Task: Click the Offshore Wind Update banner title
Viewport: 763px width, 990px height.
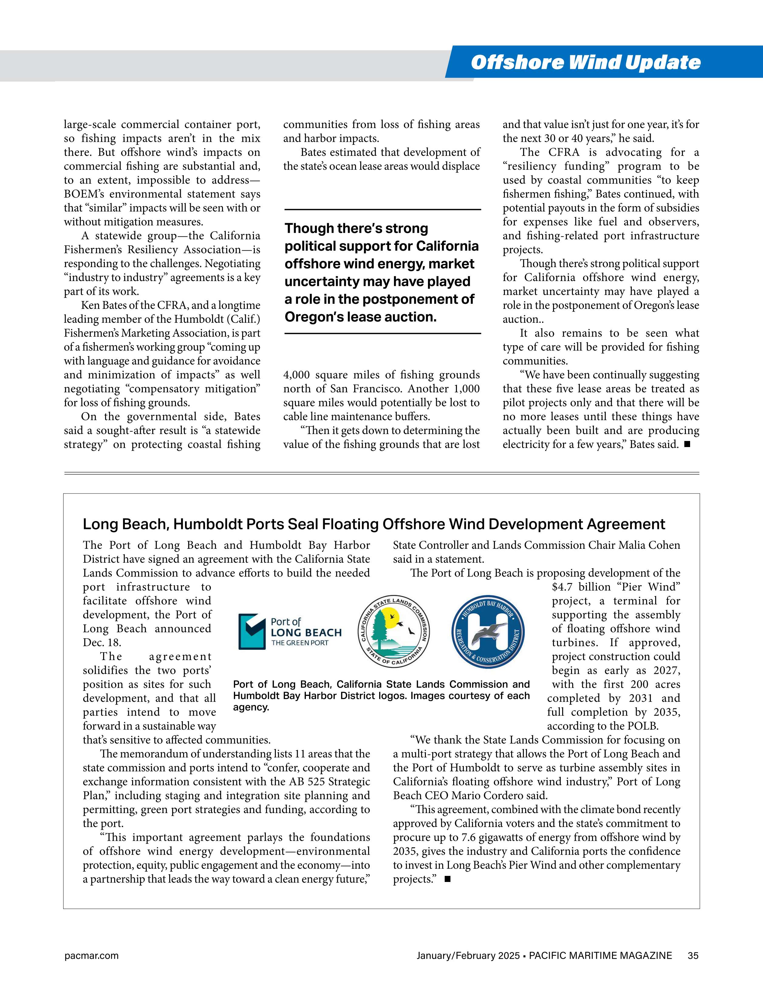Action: [x=585, y=63]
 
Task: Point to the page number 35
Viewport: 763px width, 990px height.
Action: [x=693, y=955]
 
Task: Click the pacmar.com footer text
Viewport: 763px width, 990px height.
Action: [x=91, y=955]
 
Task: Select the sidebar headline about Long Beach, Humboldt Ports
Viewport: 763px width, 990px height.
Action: [x=373, y=524]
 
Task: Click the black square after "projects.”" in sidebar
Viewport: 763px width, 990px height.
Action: [x=447, y=879]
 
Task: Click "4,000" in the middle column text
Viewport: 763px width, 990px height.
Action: [x=297, y=375]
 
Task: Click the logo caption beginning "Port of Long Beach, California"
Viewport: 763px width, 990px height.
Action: [x=381, y=695]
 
